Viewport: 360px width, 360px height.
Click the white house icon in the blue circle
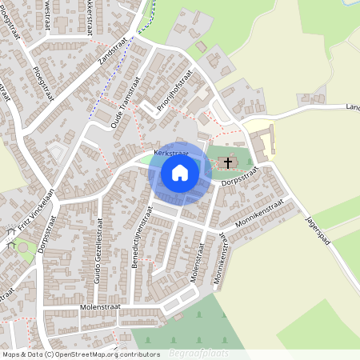pos(180,172)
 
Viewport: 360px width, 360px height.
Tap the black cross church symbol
pos(228,164)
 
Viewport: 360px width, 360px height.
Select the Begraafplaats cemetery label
pos(199,353)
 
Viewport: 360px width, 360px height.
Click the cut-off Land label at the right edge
pos(353,106)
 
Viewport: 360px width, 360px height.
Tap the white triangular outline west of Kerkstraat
pos(56,152)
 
